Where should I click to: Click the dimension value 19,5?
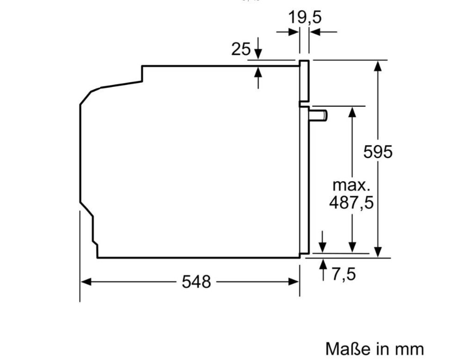pyautogui.click(x=305, y=17)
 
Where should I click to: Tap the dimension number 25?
pyautogui.click(x=241, y=49)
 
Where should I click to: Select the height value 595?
pyautogui.click(x=378, y=152)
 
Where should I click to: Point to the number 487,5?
pyautogui.click(x=351, y=203)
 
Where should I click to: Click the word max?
pyautogui.click(x=351, y=185)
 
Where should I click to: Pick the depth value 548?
pyautogui.click(x=196, y=282)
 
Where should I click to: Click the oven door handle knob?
pyautogui.click(x=318, y=115)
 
